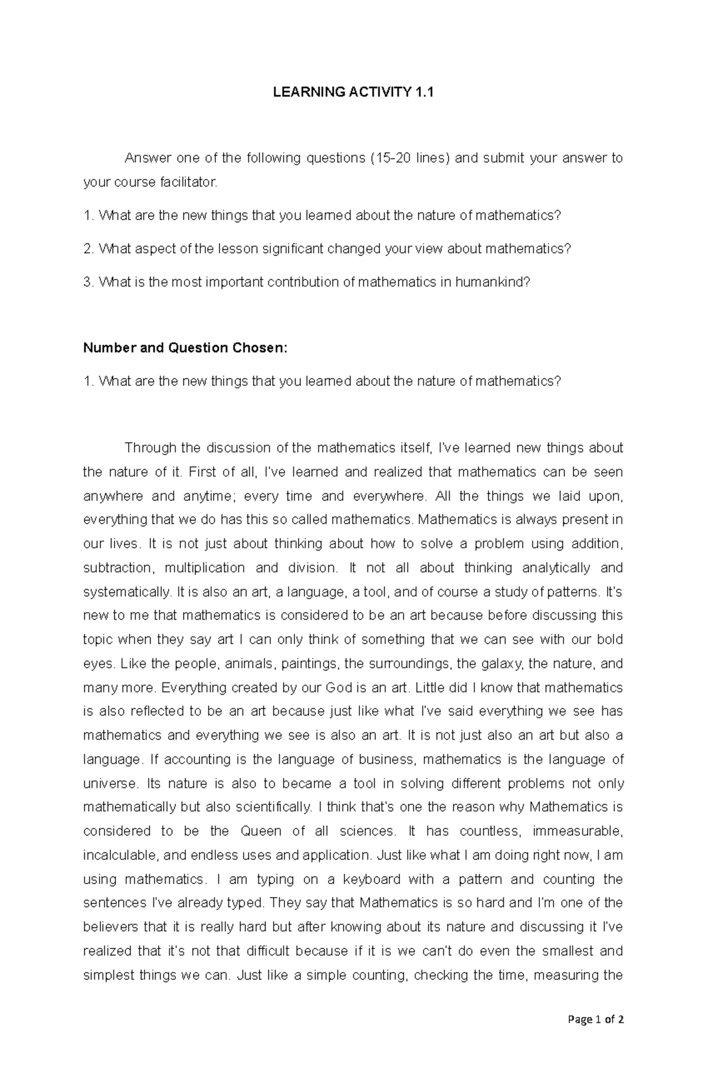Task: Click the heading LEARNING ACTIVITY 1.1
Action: point(353,92)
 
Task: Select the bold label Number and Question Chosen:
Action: point(185,348)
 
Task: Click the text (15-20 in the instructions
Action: point(391,158)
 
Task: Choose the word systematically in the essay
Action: point(126,591)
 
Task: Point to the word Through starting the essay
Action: point(150,448)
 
